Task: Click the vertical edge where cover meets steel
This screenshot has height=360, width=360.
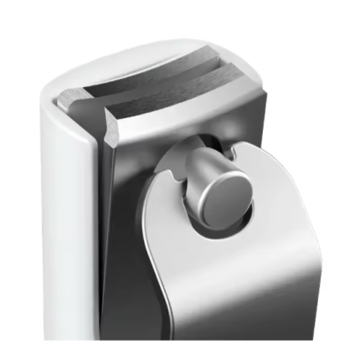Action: (x=98, y=234)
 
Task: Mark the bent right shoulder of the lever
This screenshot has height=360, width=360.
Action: (x=276, y=167)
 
